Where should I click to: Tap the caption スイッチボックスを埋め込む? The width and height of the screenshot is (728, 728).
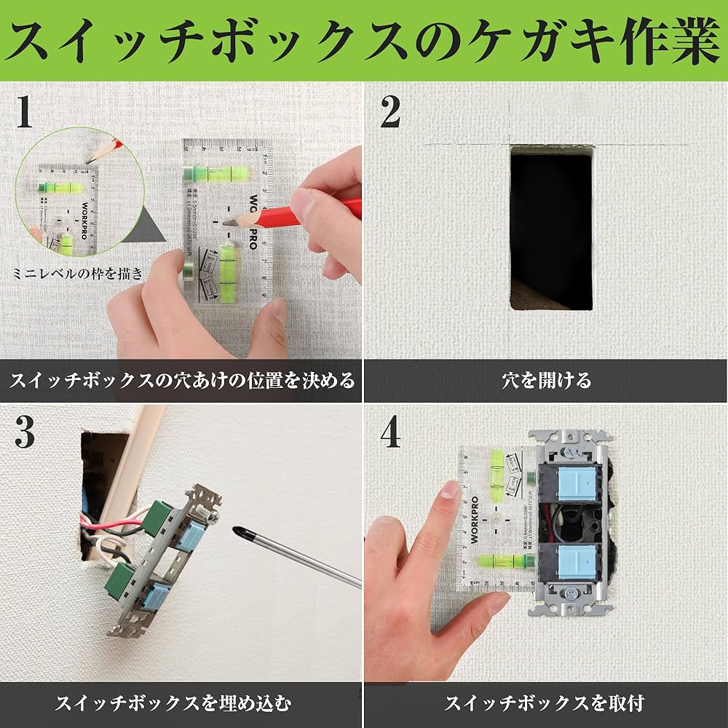pyautogui.click(x=174, y=703)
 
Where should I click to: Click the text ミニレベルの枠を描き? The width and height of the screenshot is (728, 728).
pyautogui.click(x=79, y=274)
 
